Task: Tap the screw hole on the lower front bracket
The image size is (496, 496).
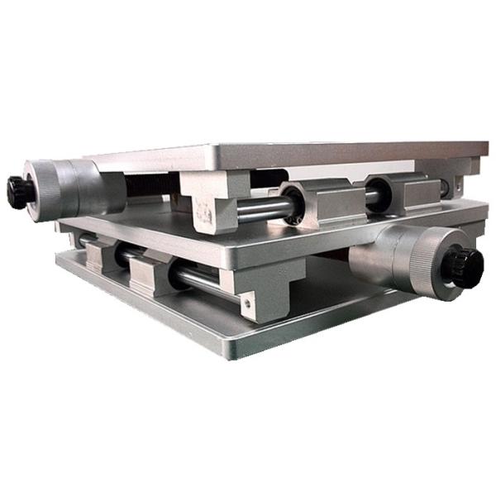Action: [x=246, y=304]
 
